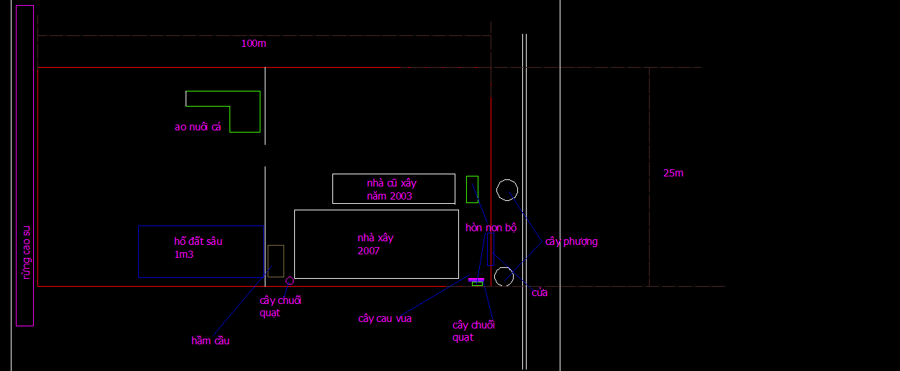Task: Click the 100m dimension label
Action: point(253,43)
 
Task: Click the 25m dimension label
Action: point(673,173)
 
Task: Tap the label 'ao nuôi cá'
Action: point(198,128)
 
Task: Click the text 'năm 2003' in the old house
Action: point(389,196)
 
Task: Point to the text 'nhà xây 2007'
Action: point(375,244)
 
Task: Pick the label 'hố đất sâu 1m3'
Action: point(198,247)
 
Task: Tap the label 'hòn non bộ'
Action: point(491,228)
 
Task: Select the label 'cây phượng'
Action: point(571,241)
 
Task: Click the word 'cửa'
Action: point(540,292)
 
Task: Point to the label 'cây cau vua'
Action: point(385,318)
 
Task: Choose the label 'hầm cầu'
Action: point(210,341)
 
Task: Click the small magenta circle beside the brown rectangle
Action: point(290,280)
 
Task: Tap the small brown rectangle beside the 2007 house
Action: point(276,261)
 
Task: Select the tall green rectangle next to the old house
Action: point(472,189)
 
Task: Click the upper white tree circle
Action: point(507,190)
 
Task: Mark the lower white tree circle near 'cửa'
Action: point(504,277)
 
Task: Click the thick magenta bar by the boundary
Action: point(476,280)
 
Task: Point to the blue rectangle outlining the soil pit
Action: point(138,252)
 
